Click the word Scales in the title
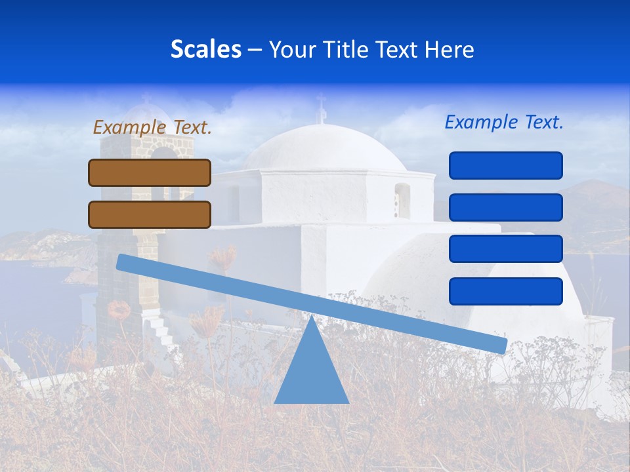pyautogui.click(x=205, y=49)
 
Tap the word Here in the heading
pyautogui.click(x=450, y=50)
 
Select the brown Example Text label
pyautogui.click(x=152, y=127)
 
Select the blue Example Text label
pyautogui.click(x=504, y=122)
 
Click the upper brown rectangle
pyautogui.click(x=150, y=172)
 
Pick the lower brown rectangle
pyautogui.click(x=150, y=214)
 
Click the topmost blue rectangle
pyautogui.click(x=505, y=165)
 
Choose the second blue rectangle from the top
pyautogui.click(x=505, y=207)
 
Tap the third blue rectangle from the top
pyautogui.click(x=505, y=249)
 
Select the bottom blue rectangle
pyautogui.click(x=505, y=291)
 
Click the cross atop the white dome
pyautogui.click(x=321, y=106)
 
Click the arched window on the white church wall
pyautogui.click(x=402, y=201)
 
